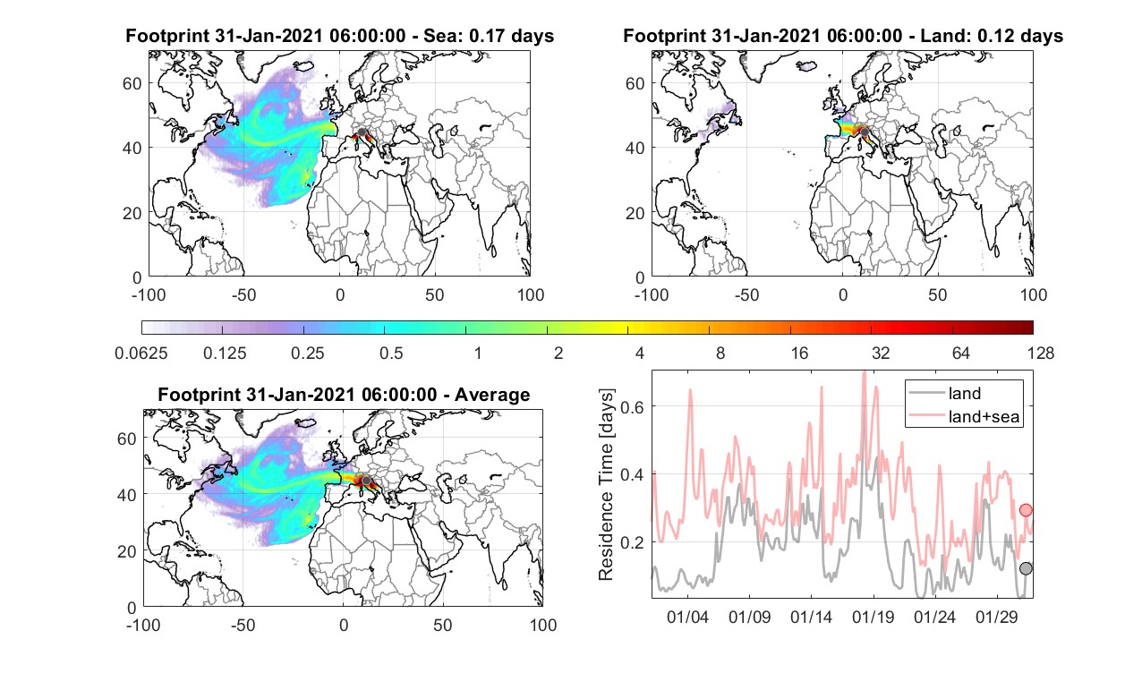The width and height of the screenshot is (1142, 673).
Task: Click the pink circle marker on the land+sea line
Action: coord(1026,510)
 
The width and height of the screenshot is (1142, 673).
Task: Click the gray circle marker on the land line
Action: coord(1026,568)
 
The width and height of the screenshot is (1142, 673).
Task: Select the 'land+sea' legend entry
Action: coord(964,416)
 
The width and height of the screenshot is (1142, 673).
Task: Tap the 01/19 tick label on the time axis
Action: coord(874,617)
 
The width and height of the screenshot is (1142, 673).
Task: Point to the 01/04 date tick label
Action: coord(687,617)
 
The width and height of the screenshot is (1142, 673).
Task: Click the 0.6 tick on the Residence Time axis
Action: coord(632,406)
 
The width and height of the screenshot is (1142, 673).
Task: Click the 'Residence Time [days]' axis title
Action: coord(606,484)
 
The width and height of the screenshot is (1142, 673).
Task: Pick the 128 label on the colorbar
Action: coord(1041,353)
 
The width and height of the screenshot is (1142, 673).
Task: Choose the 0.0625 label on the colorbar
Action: coord(141,353)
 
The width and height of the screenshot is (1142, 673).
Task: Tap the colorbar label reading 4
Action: coord(639,353)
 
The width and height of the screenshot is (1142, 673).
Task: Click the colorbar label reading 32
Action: coord(881,353)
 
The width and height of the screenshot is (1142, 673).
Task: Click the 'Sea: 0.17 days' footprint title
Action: coord(489,36)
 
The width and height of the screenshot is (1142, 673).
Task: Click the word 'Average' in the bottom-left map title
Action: coord(492,395)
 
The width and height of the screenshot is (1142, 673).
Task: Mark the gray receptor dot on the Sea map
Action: coord(362,132)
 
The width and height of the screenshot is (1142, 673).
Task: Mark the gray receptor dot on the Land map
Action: coord(865,132)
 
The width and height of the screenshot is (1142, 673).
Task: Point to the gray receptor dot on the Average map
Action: coord(365,481)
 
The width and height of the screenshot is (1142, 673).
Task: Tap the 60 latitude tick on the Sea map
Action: coord(132,83)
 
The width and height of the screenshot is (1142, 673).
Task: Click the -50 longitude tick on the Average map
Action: coord(243,626)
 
